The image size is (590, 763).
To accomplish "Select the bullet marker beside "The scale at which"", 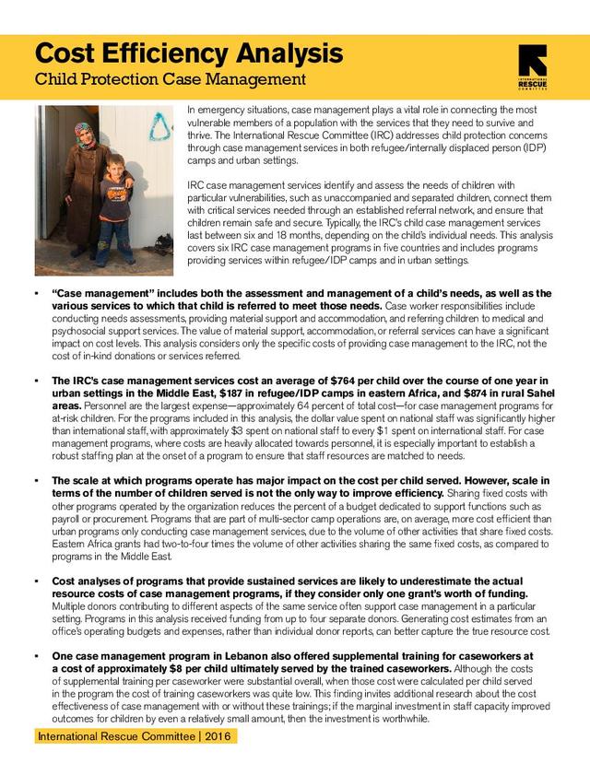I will pyautogui.click(x=33, y=480).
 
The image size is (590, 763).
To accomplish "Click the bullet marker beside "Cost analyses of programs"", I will pyautogui.click(x=33, y=581).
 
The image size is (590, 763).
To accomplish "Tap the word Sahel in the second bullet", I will pyautogui.click(x=544, y=393).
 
